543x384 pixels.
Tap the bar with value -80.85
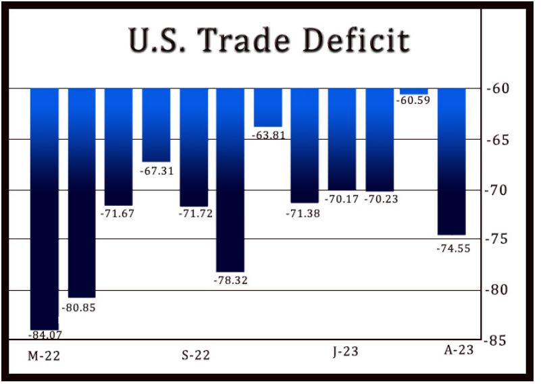point(82,192)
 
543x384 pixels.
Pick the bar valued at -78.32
point(230,180)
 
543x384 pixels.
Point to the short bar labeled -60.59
point(414,91)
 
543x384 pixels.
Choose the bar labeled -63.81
point(268,107)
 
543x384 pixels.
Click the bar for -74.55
point(451,161)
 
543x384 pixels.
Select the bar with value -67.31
point(156,125)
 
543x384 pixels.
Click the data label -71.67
point(119,215)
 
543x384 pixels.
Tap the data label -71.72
point(194,215)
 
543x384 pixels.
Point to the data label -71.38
point(304,213)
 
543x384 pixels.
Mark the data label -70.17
point(342,199)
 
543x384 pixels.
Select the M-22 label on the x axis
point(44,356)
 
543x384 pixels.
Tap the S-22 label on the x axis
point(195,356)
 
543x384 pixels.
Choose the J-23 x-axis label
point(344,352)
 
